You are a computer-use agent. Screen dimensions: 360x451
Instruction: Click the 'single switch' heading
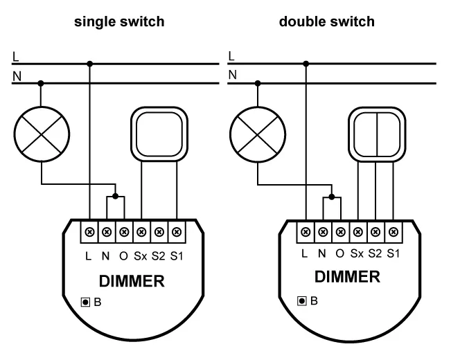coord(120,21)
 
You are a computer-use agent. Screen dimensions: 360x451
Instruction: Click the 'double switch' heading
coord(326,21)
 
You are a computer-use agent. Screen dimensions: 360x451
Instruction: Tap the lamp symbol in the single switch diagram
coord(42,130)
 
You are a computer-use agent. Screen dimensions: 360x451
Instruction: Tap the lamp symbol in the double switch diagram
coord(258,130)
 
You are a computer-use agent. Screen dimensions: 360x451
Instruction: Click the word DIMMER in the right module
coord(347,277)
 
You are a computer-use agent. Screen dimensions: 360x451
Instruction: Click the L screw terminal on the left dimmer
coord(91,230)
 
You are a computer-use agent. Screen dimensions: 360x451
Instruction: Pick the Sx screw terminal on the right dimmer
coord(357,231)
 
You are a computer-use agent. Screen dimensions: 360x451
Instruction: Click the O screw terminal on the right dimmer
coord(340,231)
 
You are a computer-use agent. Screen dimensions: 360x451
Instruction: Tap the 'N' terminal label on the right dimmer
coord(322,253)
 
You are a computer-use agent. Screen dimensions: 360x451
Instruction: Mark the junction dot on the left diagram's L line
coord(91,64)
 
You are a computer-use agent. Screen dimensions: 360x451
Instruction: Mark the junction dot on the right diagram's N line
coord(258,83)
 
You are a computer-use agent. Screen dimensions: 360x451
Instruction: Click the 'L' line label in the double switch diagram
coord(231,55)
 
